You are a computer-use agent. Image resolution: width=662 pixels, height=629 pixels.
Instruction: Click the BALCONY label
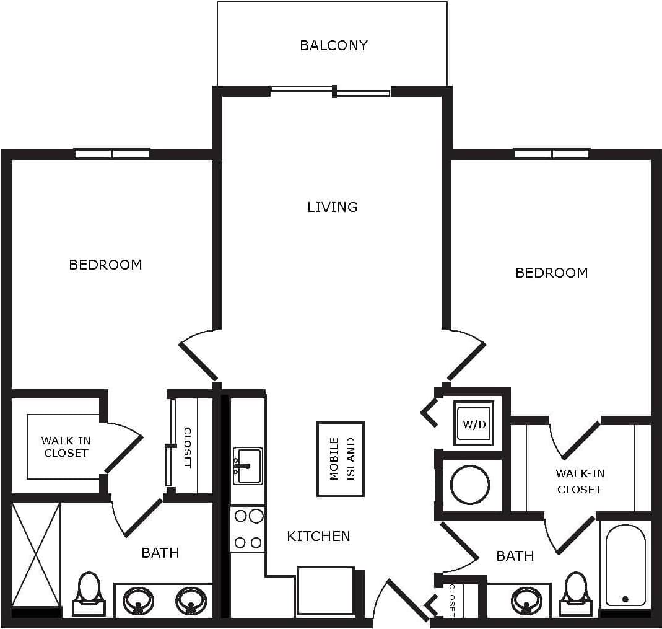(x=333, y=45)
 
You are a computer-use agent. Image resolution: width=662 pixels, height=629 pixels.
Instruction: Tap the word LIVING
(x=333, y=207)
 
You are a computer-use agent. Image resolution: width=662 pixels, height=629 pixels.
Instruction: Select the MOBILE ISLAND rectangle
(x=341, y=459)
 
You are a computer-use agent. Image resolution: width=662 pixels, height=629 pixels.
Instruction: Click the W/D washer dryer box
(x=474, y=424)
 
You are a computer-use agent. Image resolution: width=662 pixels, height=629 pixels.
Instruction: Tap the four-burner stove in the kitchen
(x=248, y=529)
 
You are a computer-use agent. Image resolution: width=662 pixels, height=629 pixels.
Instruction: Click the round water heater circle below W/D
(x=470, y=484)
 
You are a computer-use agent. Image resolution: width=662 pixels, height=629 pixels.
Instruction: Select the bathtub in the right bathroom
(x=625, y=565)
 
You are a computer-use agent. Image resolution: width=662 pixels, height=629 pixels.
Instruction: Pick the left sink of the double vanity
(x=138, y=600)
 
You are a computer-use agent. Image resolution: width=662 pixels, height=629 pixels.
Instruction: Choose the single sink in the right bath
(x=526, y=600)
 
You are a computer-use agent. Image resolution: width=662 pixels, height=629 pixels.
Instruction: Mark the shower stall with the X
(x=37, y=554)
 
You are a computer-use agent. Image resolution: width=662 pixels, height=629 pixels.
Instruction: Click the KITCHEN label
(x=318, y=536)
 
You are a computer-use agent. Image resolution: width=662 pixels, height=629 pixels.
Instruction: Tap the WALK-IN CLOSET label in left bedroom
(x=66, y=447)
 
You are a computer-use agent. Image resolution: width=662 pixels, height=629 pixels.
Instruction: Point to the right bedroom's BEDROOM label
(x=551, y=273)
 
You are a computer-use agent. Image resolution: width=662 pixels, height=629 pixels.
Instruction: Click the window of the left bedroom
(x=112, y=154)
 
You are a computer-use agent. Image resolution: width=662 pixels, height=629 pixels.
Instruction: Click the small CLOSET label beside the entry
(x=452, y=600)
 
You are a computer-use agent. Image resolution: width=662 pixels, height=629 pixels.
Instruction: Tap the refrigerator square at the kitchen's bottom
(x=326, y=591)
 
